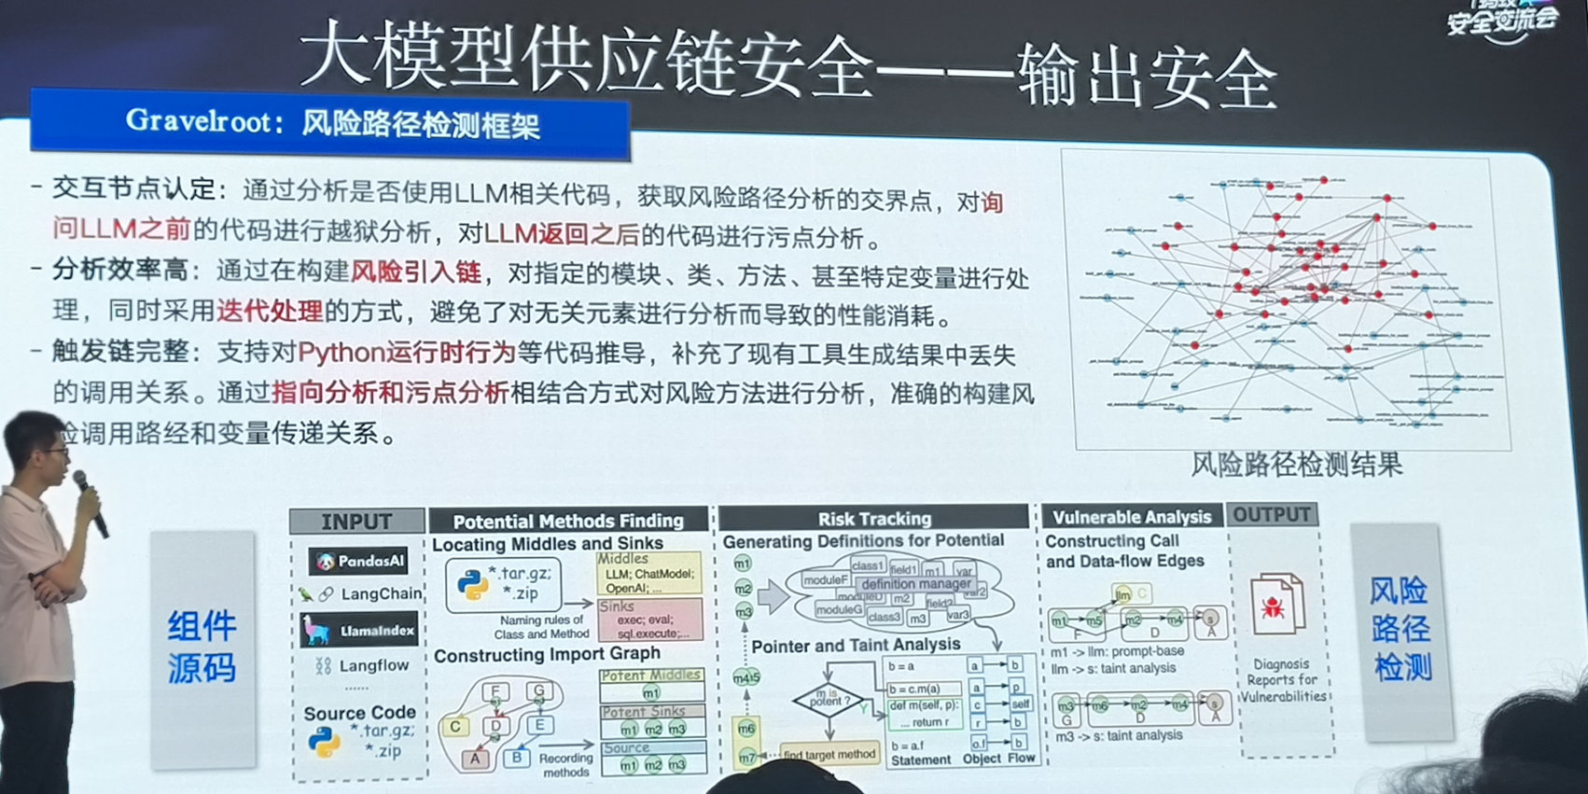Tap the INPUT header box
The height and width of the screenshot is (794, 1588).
click(356, 522)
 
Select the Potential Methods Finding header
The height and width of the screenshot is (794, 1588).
click(568, 521)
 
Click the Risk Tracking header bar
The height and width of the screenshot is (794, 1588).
click(874, 519)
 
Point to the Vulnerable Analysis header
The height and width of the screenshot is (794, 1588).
click(1131, 517)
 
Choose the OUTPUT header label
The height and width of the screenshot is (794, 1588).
click(1272, 515)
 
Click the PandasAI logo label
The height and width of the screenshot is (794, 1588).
click(360, 561)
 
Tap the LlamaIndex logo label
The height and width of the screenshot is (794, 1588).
click(360, 631)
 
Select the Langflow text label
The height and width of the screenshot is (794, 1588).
click(372, 665)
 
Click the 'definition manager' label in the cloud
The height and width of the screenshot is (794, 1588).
click(915, 583)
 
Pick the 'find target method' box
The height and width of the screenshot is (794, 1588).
click(828, 754)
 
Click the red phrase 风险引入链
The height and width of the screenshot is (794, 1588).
click(415, 272)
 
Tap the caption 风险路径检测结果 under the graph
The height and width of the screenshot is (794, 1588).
click(1296, 465)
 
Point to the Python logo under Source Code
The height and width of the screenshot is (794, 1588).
click(323, 743)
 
